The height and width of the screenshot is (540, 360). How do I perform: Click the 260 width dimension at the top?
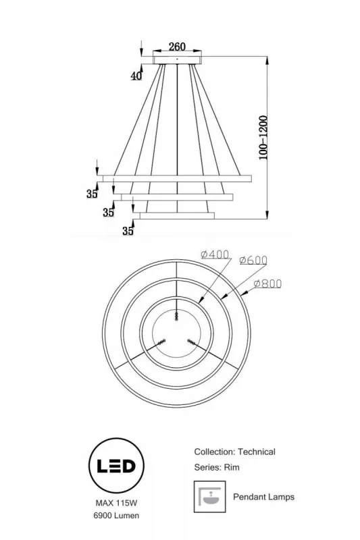[x=177, y=47]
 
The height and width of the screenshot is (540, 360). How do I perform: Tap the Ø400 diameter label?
[x=215, y=255]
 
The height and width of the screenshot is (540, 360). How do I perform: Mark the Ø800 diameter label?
[x=267, y=284]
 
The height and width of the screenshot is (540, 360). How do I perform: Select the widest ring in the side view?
[x=177, y=178]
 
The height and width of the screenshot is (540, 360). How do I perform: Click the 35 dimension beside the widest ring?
[x=93, y=194]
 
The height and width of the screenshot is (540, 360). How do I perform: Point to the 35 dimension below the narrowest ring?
[x=128, y=232]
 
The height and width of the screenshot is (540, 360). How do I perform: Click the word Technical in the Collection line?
[x=257, y=452]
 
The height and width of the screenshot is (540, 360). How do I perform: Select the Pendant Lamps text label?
[x=263, y=497]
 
